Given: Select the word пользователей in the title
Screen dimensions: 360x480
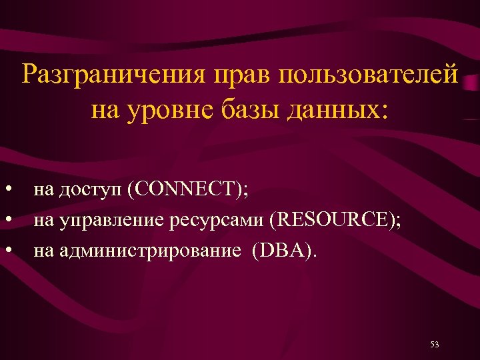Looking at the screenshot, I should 369,75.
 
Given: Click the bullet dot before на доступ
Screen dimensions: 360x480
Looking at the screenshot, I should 9,191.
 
